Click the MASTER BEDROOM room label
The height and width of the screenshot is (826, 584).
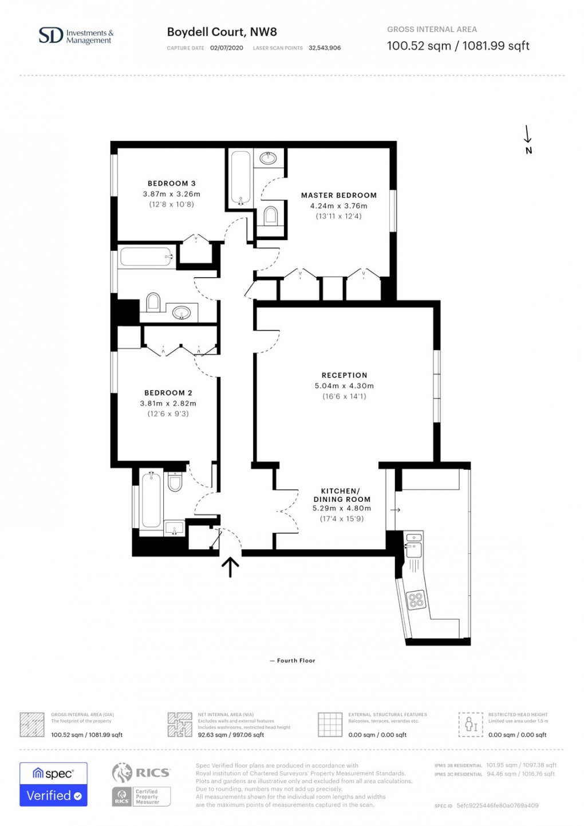point(338,195)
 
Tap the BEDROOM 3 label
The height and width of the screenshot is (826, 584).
point(171,183)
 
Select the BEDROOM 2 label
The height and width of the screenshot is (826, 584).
point(168,393)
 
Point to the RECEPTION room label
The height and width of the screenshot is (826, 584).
point(344,375)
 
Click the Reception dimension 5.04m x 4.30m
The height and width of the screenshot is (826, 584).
point(344,386)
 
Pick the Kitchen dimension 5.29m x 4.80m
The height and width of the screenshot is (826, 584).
point(341,509)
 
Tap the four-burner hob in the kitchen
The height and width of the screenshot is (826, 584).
point(416,600)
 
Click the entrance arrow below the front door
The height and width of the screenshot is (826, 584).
point(230,567)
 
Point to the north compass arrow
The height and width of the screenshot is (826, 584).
point(528,135)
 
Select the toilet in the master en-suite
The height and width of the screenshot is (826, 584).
point(270,215)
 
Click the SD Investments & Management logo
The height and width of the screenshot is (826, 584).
point(76,36)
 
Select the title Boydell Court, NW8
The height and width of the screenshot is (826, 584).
point(222,32)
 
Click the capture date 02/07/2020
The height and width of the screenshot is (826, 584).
point(226,48)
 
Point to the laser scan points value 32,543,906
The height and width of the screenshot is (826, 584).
point(324,48)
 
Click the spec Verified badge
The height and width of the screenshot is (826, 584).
point(53,784)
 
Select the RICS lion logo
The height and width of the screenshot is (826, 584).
point(122,773)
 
